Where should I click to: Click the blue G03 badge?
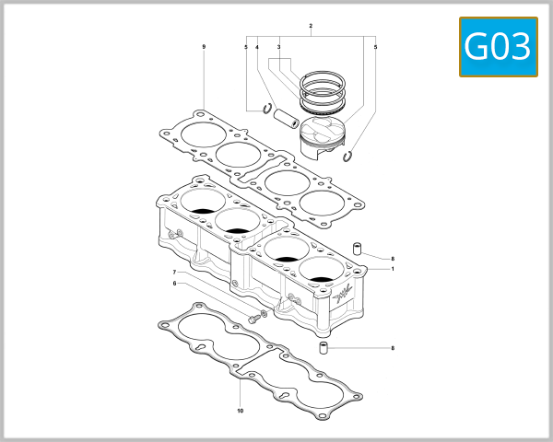pyautogui.click(x=498, y=46)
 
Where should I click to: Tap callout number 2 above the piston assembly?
pyautogui.click(x=311, y=26)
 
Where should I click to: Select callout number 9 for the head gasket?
pyautogui.click(x=204, y=46)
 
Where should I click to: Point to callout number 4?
pyautogui.click(x=257, y=47)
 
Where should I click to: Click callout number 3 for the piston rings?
pyautogui.click(x=278, y=47)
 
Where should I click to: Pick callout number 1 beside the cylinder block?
pyautogui.click(x=393, y=269)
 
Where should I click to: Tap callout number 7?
pyautogui.click(x=173, y=273)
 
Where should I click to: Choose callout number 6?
pyautogui.click(x=173, y=284)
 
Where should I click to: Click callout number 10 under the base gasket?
pyautogui.click(x=240, y=411)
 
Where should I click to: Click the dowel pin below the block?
pyautogui.click(x=324, y=348)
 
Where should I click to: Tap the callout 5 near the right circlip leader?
pyautogui.click(x=376, y=47)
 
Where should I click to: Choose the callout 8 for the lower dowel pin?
pyautogui.click(x=393, y=348)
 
